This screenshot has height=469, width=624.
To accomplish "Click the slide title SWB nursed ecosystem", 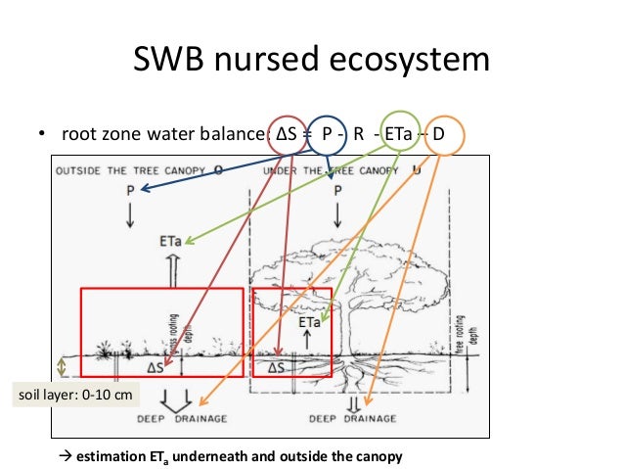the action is coord(311,61).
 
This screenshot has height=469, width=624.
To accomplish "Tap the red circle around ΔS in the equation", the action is coord(288,134).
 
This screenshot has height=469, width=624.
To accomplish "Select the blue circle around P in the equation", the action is coord(329,134).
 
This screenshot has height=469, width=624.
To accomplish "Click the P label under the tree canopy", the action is coord(337,191).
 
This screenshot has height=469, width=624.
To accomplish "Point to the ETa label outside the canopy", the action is coord(169,239).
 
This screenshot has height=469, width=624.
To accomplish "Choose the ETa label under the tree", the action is coord(310,320).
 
